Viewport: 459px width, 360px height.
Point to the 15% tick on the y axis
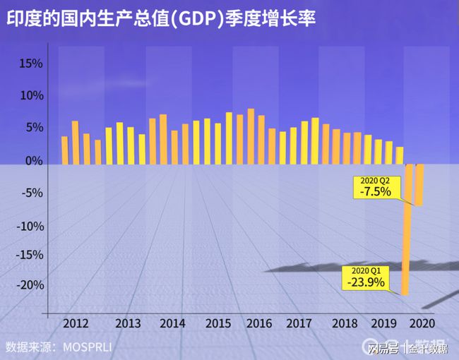(x=31, y=64)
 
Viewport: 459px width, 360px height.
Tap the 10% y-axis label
(x=31, y=96)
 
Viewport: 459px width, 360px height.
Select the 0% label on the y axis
(x=34, y=161)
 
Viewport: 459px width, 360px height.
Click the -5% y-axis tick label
(x=31, y=193)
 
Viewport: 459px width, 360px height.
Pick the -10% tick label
(x=29, y=227)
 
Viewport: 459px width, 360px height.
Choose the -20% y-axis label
(x=29, y=285)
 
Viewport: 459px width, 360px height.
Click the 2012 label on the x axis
(x=76, y=323)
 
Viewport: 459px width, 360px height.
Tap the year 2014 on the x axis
(x=172, y=323)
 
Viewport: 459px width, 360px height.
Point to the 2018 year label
(x=345, y=323)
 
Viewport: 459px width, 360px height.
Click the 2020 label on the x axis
(x=422, y=323)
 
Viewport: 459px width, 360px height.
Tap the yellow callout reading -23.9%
(x=366, y=278)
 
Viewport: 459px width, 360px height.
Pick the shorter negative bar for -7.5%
(x=419, y=185)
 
